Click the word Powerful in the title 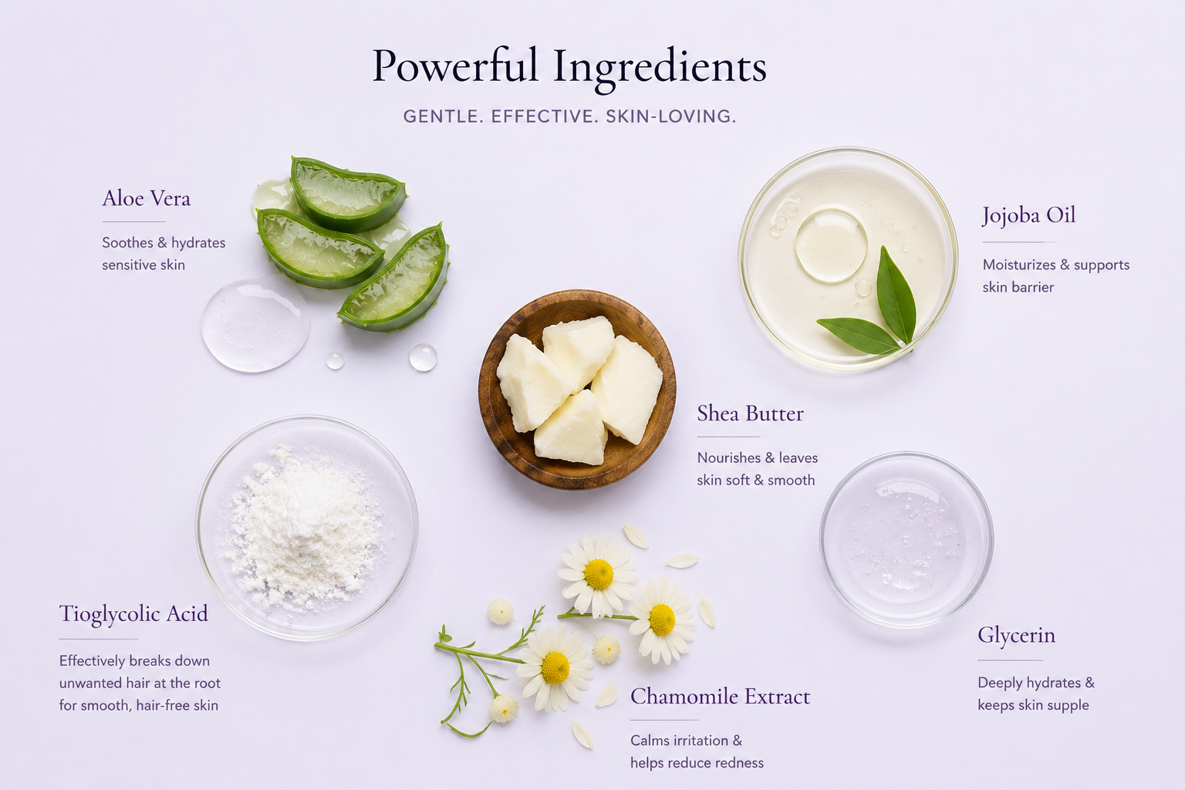(455, 66)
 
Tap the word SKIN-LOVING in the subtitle (670, 116)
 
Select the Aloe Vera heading (146, 198)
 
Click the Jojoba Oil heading (1028, 216)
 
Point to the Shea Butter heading (750, 414)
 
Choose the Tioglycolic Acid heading (133, 614)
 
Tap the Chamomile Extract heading (720, 697)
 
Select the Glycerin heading (1016, 636)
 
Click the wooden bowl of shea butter (577, 389)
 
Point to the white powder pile (304, 529)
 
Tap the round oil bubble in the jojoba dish (831, 245)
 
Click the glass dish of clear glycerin (906, 540)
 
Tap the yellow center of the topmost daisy (599, 574)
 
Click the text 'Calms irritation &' (686, 741)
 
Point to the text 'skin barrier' (1018, 287)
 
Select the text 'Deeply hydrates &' (1036, 683)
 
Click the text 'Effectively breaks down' (134, 661)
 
